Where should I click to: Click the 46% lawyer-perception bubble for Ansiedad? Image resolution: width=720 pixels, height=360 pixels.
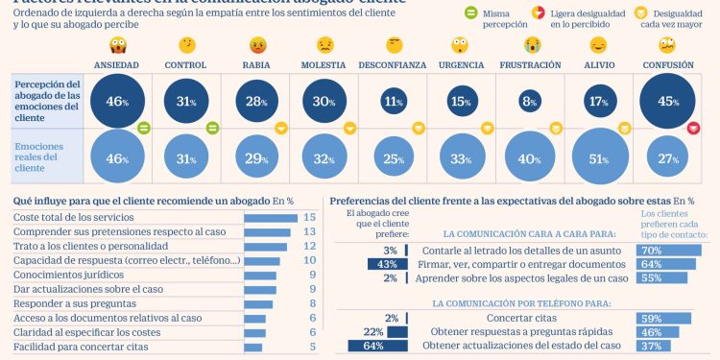coord(117,100)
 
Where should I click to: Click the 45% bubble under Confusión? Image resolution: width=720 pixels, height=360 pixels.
coord(667,100)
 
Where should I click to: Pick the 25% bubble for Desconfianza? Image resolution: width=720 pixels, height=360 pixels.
coord(394,157)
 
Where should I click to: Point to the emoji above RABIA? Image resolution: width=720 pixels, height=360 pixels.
coord(256,45)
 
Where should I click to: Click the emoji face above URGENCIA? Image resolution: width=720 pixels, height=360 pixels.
coord(462,45)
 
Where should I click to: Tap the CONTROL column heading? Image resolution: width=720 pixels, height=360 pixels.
coord(185,64)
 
